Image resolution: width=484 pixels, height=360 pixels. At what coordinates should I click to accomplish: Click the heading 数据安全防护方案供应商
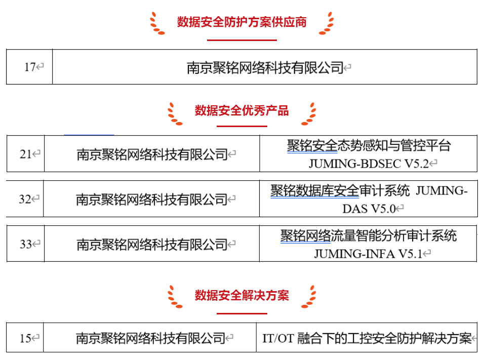[241, 22]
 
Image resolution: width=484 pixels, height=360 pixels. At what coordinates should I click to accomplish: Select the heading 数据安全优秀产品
[241, 110]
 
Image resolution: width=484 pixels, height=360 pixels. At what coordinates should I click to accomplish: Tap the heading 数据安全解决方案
[241, 296]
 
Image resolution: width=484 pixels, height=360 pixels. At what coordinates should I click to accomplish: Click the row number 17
[30, 67]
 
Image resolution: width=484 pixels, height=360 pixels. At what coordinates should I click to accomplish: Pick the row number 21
[26, 154]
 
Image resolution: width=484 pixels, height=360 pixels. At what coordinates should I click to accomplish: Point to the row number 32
[25, 199]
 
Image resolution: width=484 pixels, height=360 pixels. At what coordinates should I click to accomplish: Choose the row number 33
[26, 245]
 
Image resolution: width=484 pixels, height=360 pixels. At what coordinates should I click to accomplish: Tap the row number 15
[25, 338]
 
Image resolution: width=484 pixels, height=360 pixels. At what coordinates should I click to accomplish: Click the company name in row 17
[265, 67]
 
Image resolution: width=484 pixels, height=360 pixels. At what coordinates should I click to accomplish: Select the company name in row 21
[152, 154]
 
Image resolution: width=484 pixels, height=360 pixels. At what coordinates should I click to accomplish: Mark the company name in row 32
[151, 199]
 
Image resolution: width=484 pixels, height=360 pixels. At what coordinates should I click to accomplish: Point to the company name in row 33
[152, 245]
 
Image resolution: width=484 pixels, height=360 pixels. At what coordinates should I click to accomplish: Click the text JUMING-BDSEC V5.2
[369, 164]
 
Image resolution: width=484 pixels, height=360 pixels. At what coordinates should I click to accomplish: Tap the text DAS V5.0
[369, 209]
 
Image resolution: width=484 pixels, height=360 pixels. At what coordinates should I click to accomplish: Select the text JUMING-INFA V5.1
[368, 254]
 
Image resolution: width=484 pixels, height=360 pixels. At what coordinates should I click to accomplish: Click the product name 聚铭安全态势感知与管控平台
[369, 146]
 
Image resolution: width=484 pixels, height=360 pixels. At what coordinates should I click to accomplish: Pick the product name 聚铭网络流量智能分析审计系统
[369, 235]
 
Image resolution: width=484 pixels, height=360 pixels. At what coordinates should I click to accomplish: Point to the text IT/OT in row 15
[278, 338]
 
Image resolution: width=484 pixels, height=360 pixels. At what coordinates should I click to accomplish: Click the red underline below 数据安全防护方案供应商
[241, 39]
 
